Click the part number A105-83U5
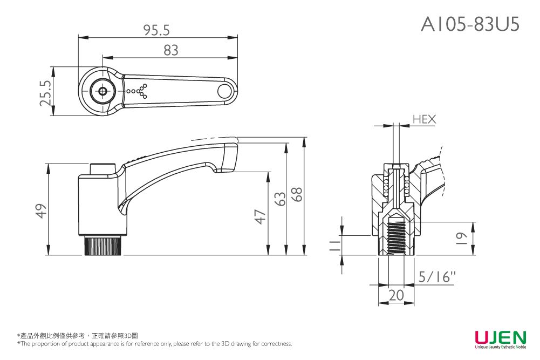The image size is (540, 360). tap(470, 23)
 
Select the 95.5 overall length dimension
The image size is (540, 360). tap(157, 30)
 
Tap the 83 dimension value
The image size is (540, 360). tap(170, 50)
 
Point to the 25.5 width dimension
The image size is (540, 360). tap(46, 92)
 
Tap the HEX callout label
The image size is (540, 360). tap(424, 119)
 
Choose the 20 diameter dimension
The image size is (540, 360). tap(396, 295)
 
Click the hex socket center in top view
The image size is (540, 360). tap(102, 91)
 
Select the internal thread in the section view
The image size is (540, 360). tap(397, 237)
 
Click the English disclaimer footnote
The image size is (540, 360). tap(154, 344)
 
